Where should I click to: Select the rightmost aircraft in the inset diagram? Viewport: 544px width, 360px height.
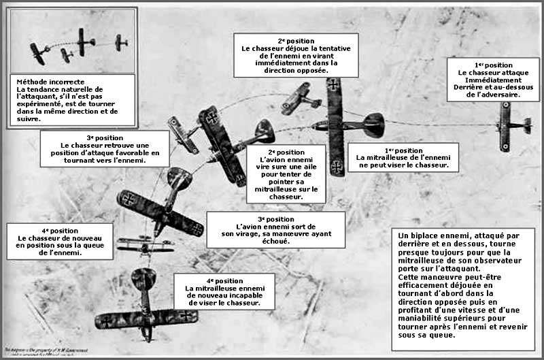click(122, 42)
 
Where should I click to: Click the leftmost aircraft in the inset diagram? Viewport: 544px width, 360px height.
click(36, 50)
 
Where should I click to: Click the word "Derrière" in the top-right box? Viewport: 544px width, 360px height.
click(465, 87)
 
